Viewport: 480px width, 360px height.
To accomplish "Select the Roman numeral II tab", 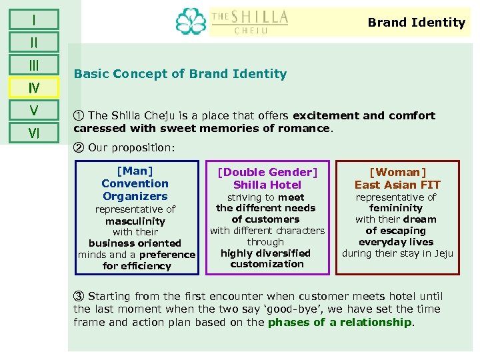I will click(x=33, y=42).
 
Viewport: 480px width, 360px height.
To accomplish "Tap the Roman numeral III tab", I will click(x=33, y=65).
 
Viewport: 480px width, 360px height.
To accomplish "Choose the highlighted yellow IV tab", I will click(x=33, y=87).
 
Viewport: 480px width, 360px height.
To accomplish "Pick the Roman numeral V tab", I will click(x=33, y=110).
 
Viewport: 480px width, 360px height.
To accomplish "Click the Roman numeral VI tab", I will click(x=33, y=133).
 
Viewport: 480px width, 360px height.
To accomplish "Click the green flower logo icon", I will click(x=191, y=21).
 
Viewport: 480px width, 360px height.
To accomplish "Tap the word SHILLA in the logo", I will click(x=259, y=17).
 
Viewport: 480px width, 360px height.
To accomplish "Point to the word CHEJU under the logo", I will click(x=251, y=31).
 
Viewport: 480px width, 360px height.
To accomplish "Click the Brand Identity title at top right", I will click(x=416, y=23).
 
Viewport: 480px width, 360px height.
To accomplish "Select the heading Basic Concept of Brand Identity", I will click(x=180, y=74).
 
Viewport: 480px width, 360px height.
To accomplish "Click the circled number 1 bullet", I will click(x=79, y=115).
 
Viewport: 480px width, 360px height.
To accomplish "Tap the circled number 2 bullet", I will click(x=79, y=147).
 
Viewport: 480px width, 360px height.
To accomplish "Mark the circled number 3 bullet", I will click(x=79, y=296).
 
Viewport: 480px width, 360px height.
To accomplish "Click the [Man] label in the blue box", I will click(x=135, y=171).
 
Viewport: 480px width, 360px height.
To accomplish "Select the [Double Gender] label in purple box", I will click(x=267, y=173).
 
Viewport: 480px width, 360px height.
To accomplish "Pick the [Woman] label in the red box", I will click(x=397, y=173).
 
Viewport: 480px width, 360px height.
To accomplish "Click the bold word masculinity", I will click(x=135, y=221).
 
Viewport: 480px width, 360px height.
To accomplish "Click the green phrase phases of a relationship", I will click(x=339, y=322).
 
